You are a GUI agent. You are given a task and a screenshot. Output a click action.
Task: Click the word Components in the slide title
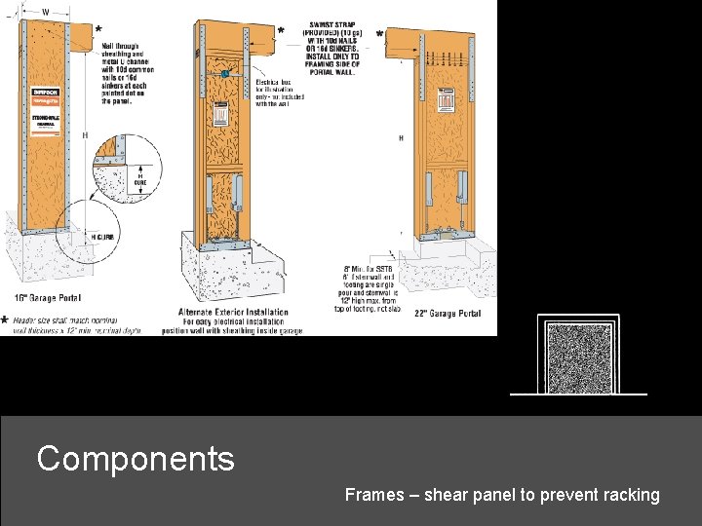[x=136, y=458]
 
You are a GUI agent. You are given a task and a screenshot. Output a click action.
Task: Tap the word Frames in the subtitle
[x=374, y=495]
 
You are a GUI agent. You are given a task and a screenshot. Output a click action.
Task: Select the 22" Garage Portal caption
[x=447, y=314]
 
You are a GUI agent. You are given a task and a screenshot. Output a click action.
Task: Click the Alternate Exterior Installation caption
[x=233, y=313]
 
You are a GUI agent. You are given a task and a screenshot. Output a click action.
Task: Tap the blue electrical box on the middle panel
[x=225, y=74]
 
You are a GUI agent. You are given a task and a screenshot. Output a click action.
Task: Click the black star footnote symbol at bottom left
[x=6, y=319]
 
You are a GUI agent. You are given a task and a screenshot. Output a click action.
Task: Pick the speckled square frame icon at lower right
[x=579, y=357]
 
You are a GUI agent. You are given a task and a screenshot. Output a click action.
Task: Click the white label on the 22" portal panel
[x=447, y=101]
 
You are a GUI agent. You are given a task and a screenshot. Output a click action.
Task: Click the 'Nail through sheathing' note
[x=127, y=72]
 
